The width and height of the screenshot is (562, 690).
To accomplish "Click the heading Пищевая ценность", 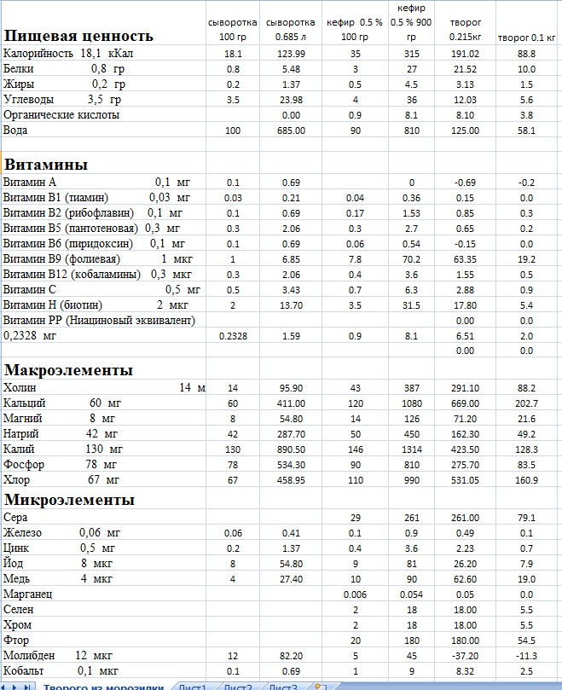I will click(x=78, y=36).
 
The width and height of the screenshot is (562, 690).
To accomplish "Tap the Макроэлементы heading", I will click(x=68, y=370).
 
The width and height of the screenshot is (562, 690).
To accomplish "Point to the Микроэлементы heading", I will click(x=69, y=499).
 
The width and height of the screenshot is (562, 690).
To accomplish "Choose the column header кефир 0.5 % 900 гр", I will click(x=410, y=22).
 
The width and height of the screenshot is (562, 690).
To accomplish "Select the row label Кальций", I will click(x=25, y=403).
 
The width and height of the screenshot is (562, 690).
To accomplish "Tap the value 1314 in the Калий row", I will click(x=411, y=449).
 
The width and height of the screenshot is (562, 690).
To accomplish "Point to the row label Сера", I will click(x=16, y=518).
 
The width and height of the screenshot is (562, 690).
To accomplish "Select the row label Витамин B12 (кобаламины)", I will click(x=72, y=275).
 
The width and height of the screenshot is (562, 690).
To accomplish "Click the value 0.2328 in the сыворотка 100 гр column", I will click(x=233, y=336).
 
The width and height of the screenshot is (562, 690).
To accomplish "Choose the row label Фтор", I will click(x=18, y=640).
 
